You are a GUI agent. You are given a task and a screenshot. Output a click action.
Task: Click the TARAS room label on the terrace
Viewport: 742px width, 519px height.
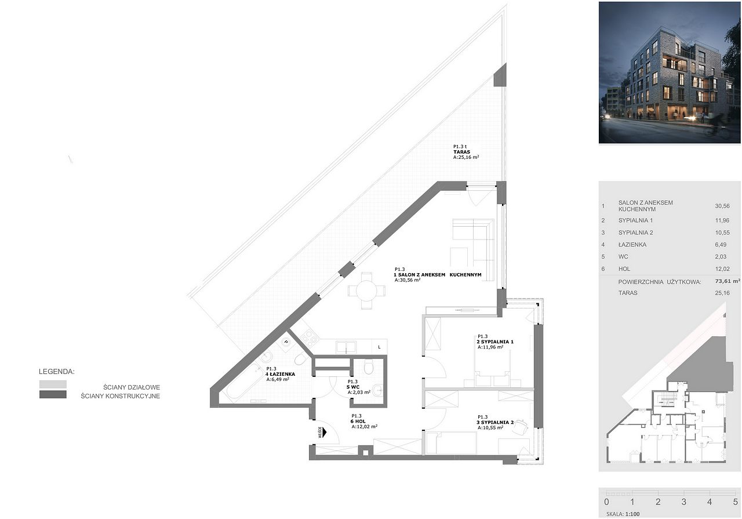pyautogui.click(x=462, y=152)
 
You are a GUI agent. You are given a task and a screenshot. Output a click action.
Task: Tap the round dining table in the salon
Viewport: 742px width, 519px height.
pyautogui.click(x=366, y=291)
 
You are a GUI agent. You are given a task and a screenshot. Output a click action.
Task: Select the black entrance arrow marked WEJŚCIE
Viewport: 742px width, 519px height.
pyautogui.click(x=324, y=432)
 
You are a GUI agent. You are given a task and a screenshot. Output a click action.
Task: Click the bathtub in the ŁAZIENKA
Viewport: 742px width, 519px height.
pyautogui.click(x=241, y=383)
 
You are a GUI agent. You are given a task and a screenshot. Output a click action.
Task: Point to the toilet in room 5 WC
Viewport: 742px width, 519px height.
pyautogui.click(x=368, y=367)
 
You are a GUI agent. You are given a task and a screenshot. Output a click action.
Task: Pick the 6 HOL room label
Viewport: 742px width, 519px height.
pyautogui.click(x=358, y=421)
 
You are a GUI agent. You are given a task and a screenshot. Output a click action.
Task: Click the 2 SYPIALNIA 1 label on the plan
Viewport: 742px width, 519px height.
pyautogui.click(x=495, y=342)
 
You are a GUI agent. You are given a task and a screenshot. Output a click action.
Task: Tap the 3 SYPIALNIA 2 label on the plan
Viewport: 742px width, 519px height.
pyautogui.click(x=495, y=422)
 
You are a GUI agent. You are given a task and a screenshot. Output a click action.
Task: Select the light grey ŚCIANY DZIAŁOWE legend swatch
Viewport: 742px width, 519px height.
pyautogui.click(x=53, y=384)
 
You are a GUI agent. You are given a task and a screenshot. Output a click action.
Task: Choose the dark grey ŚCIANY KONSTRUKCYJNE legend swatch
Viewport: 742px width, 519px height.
pyautogui.click(x=53, y=394)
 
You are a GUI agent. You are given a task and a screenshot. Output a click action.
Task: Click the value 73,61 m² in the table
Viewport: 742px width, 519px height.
pyautogui.click(x=728, y=281)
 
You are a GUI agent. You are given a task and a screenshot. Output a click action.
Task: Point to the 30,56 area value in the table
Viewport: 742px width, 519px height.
pyautogui.click(x=722, y=206)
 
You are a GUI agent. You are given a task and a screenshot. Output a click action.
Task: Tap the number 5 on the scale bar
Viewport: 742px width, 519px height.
pyautogui.click(x=736, y=502)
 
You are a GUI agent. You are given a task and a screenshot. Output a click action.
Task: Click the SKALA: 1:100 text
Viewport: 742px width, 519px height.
pyautogui.click(x=623, y=514)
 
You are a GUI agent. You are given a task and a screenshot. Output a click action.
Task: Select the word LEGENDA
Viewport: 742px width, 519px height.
pyautogui.click(x=57, y=372)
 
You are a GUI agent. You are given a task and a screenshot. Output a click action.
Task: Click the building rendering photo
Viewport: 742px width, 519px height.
pyautogui.click(x=670, y=72)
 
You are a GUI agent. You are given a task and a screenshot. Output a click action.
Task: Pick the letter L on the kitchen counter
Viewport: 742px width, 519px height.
pyautogui.click(x=379, y=347)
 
